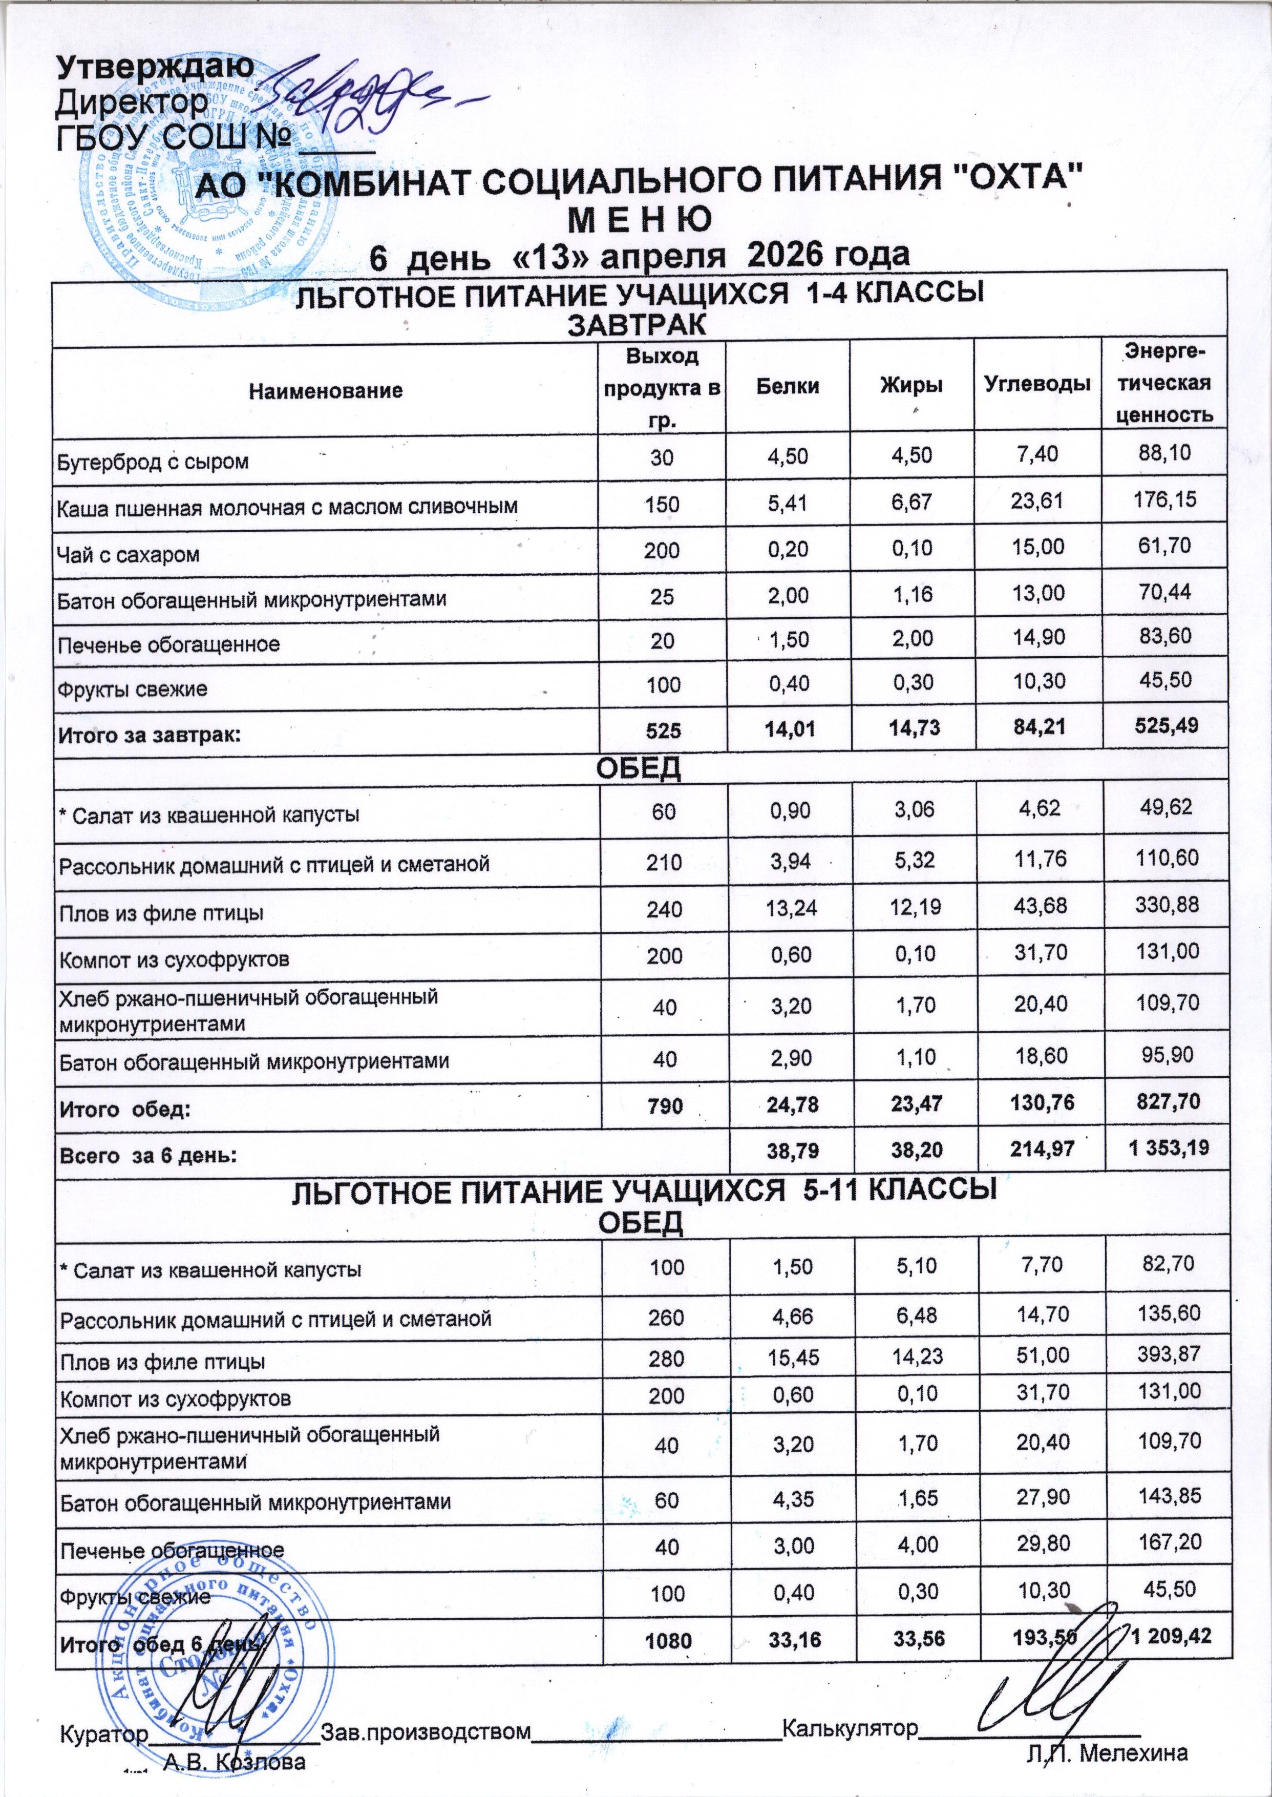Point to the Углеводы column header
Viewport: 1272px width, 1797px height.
[1037, 385]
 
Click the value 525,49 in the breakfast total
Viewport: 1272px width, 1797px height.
[1162, 728]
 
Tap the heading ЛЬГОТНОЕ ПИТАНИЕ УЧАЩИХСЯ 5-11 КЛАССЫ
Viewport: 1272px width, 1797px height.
[643, 1190]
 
